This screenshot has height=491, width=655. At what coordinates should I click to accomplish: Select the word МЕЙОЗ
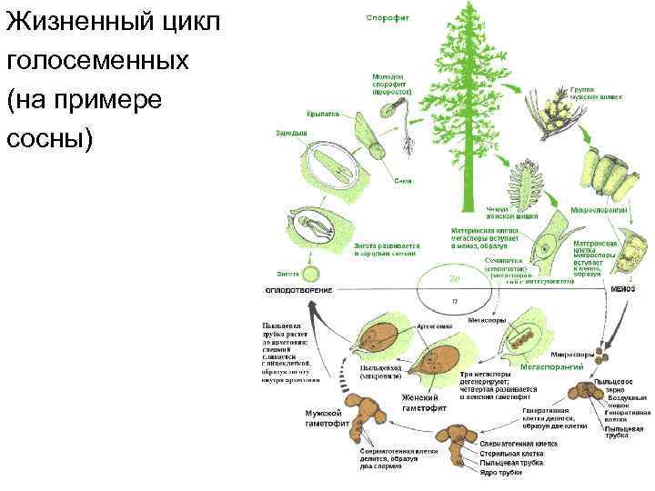point(622,288)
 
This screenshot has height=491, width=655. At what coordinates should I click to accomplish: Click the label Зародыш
point(291,134)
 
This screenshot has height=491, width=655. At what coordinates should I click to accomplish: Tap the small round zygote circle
point(312,273)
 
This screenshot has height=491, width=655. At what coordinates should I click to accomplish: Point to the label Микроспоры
point(576,354)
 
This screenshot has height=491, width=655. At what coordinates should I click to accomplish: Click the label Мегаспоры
point(480,320)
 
